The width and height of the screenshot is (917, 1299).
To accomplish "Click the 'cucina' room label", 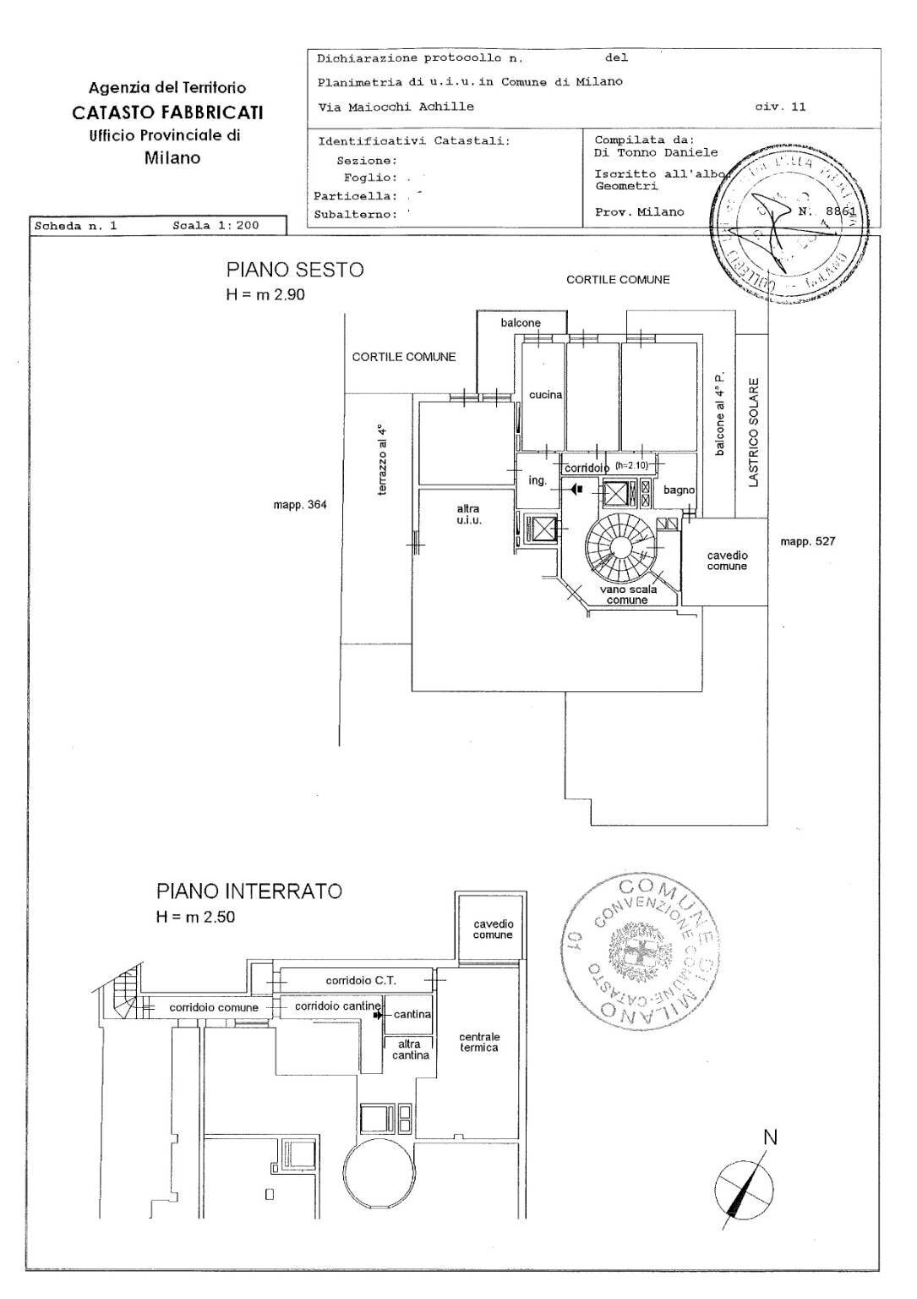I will click(545, 395).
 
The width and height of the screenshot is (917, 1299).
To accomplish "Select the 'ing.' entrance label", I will click(538, 481).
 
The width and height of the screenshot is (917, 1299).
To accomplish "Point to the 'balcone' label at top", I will click(521, 323).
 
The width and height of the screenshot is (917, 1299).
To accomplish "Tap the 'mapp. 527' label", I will click(807, 541).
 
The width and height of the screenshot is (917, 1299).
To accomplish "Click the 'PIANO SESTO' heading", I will click(294, 270).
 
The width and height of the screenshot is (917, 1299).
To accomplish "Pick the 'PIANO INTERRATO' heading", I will click(249, 891).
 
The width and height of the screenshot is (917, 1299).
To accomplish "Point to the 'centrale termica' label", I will click(479, 1042).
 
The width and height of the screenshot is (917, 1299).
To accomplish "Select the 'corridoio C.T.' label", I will click(361, 981).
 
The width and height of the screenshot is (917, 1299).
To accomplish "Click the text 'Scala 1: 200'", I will click(216, 226).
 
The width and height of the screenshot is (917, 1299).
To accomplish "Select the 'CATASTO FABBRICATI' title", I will click(167, 112).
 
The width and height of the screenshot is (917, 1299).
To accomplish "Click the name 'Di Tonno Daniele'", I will click(656, 152).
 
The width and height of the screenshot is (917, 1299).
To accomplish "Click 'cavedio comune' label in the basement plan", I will click(493, 929).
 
